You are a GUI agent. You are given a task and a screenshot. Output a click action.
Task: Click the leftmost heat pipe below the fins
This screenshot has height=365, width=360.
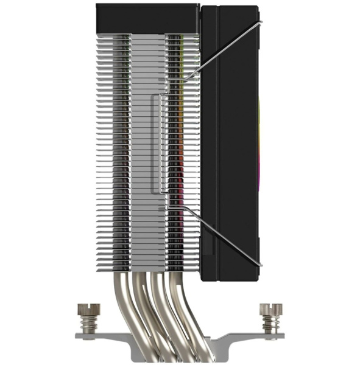[x=119, y=304]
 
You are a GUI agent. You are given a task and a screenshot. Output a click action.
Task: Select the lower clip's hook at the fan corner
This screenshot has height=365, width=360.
[x=260, y=265]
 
